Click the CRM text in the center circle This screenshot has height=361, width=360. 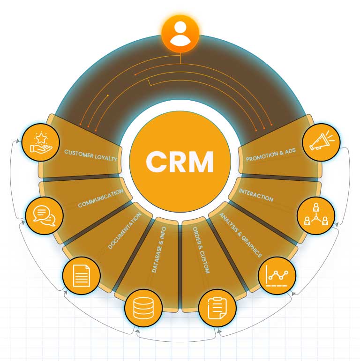[x=180, y=162]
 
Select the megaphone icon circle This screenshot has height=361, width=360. [x=321, y=141]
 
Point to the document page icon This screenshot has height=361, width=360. [x=81, y=273]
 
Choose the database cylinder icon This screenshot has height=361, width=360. [x=142, y=307]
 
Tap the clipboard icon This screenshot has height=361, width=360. [x=217, y=307]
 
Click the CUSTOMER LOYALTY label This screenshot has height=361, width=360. [x=90, y=155]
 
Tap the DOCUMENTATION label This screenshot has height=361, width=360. [x=125, y=230]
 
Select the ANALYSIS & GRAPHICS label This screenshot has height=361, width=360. [x=240, y=234]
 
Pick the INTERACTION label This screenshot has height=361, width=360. [x=256, y=195]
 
